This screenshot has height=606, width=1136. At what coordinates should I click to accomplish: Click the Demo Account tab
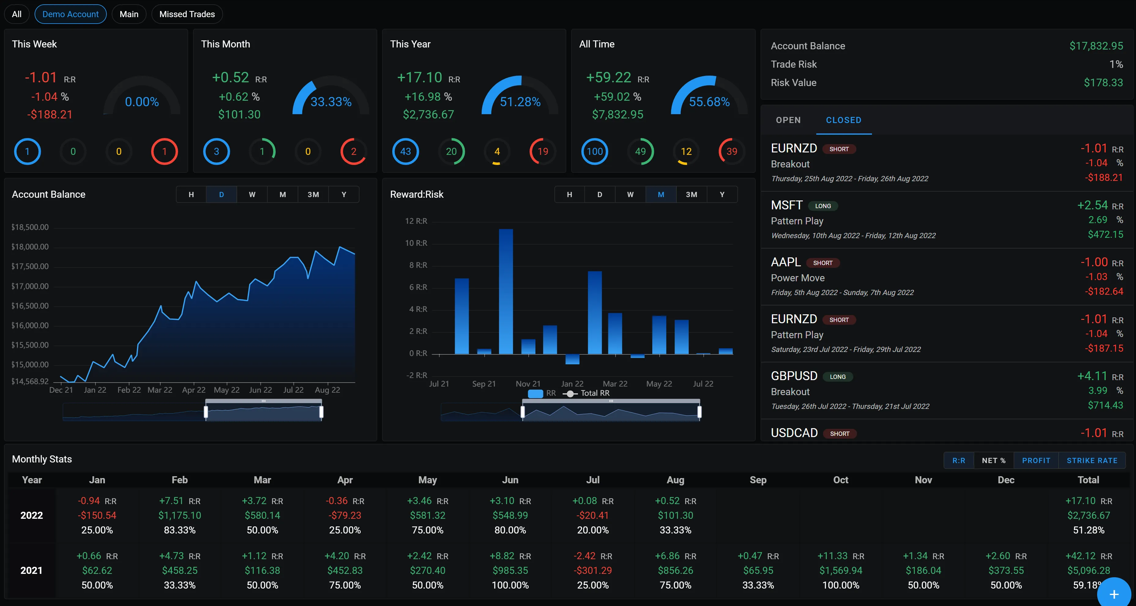[71, 14]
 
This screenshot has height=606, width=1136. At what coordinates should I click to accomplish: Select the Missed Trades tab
[187, 14]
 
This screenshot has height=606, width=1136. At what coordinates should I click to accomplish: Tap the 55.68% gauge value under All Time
[709, 102]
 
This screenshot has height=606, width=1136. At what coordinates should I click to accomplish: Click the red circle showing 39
[732, 151]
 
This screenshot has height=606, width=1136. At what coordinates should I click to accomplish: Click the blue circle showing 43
[405, 151]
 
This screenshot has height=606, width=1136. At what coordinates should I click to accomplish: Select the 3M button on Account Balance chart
[313, 195]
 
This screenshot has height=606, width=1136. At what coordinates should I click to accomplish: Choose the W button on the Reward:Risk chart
[630, 195]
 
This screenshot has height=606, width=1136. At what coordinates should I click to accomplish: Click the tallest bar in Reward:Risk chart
[506, 291]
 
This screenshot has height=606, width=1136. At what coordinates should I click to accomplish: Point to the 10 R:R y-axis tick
[416, 243]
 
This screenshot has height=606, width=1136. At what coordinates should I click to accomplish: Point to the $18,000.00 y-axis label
[30, 247]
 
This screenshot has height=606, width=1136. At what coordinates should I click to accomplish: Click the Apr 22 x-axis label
[194, 390]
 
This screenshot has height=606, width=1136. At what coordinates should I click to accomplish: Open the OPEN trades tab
[788, 120]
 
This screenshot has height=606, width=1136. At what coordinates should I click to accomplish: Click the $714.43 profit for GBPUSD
[1105, 405]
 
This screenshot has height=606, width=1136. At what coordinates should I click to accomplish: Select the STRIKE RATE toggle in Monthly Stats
[1092, 460]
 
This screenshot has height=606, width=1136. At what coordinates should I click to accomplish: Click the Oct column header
[840, 480]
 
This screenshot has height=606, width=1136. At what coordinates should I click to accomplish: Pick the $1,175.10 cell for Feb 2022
[180, 515]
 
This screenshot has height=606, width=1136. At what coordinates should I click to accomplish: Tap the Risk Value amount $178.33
[1103, 82]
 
